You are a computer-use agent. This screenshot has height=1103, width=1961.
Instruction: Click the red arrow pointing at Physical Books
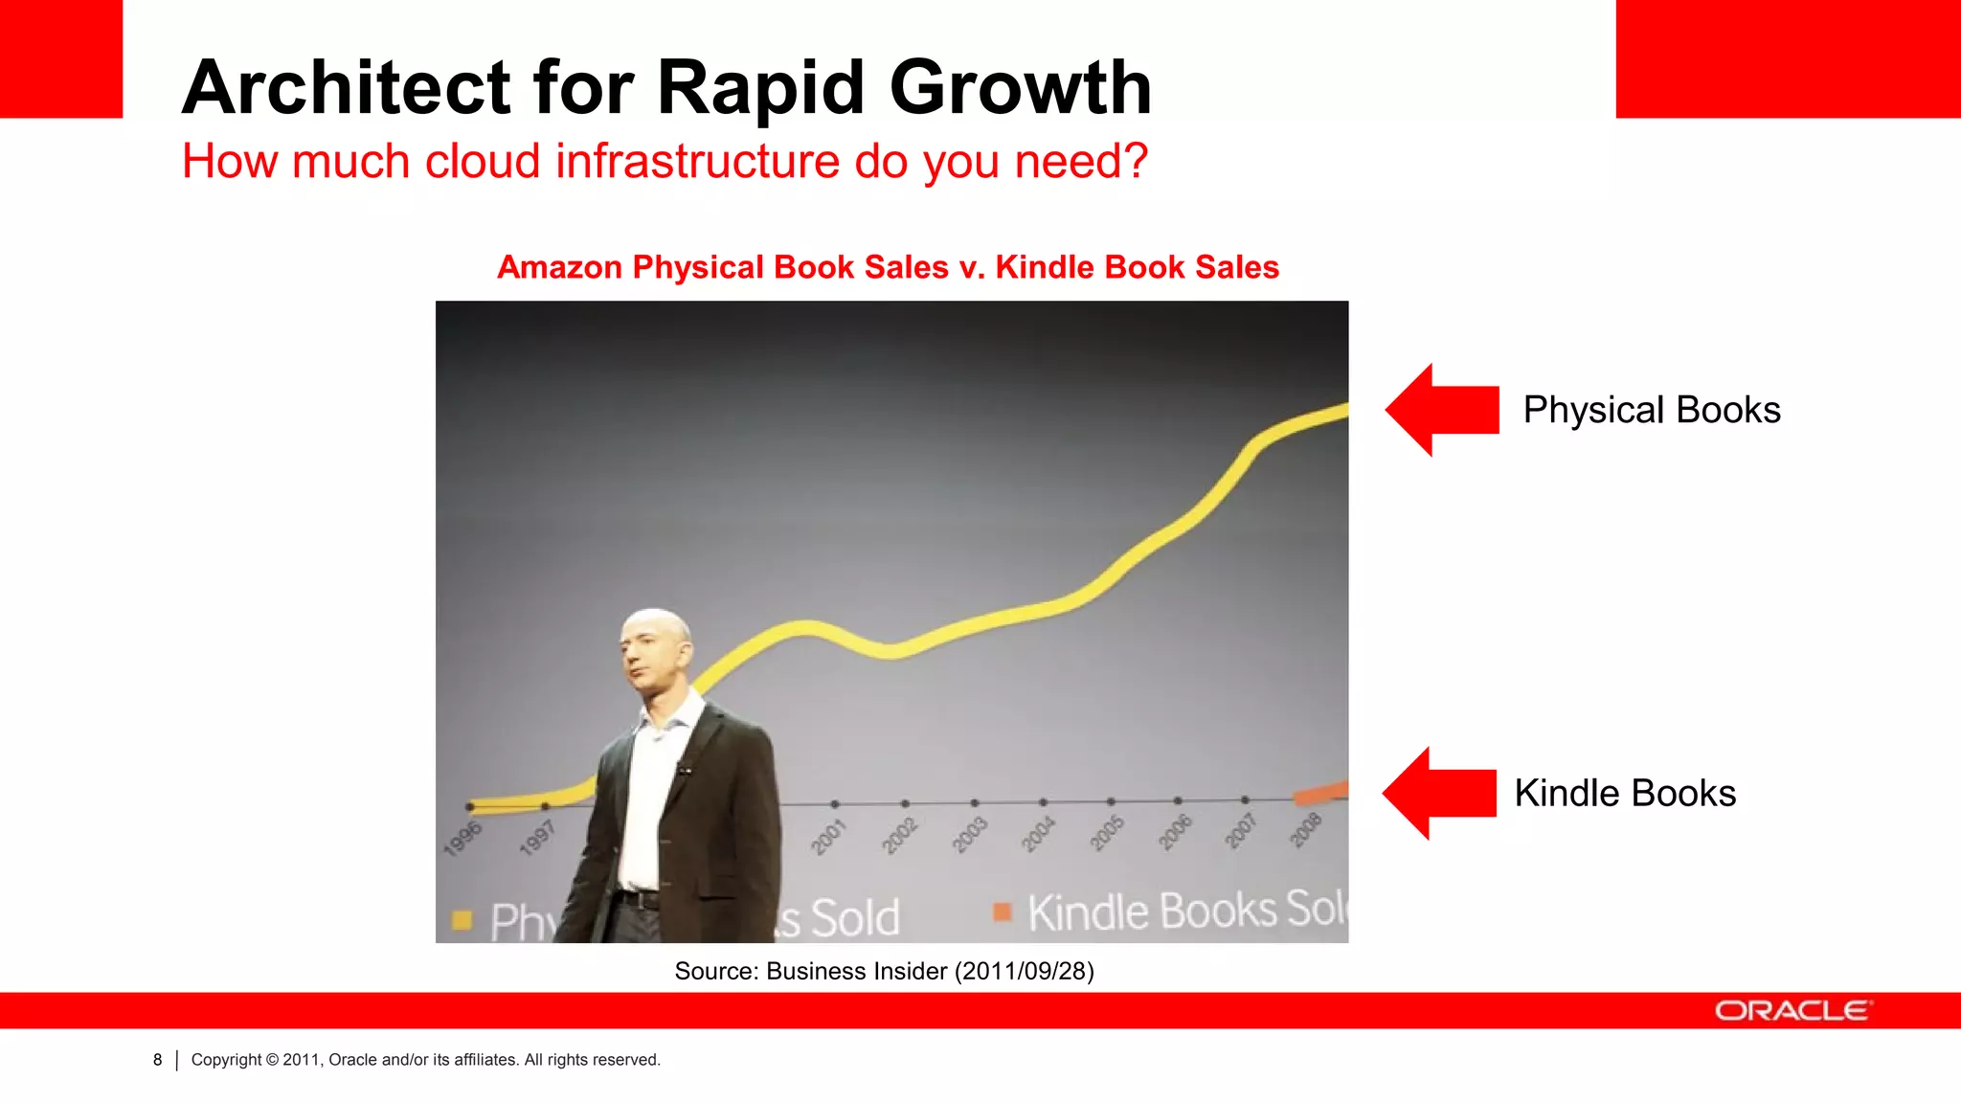click(1441, 410)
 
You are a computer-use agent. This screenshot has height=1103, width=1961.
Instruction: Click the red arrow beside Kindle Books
click(1438, 793)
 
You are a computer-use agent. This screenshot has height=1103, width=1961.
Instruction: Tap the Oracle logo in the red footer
click(1792, 1011)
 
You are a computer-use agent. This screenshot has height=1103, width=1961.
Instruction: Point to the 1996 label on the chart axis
click(462, 837)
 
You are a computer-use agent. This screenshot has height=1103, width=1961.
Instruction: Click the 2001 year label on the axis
click(829, 836)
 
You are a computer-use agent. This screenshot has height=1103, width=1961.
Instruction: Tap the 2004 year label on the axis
click(1038, 834)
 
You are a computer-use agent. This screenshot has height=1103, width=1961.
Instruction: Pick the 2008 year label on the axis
click(1305, 829)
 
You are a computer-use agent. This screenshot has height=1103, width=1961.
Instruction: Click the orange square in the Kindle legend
click(1003, 912)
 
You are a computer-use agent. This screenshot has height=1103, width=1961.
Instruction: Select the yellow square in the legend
click(462, 920)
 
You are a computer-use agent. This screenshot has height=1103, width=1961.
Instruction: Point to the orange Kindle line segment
click(1322, 793)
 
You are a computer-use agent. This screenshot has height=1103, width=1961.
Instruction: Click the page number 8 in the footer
click(158, 1060)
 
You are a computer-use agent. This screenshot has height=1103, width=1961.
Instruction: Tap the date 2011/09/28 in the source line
click(1024, 971)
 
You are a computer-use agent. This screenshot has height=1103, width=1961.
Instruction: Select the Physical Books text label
click(1652, 410)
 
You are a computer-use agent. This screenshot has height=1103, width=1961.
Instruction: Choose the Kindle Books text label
click(1625, 793)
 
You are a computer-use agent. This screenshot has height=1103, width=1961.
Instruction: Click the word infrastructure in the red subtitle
click(698, 161)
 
